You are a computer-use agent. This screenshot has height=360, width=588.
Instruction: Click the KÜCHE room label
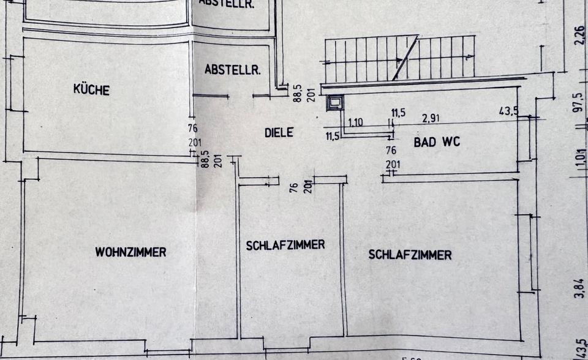tap(91, 89)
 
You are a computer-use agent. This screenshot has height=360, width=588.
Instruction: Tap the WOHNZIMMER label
tap(130, 252)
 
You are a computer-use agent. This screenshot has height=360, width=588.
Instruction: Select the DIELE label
tap(279, 132)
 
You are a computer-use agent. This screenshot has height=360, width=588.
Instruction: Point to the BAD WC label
tap(437, 143)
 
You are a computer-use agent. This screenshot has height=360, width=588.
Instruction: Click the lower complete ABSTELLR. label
tap(233, 70)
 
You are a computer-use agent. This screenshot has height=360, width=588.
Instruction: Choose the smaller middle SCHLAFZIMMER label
tap(285, 245)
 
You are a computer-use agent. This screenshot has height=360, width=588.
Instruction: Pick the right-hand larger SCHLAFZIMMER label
tap(410, 255)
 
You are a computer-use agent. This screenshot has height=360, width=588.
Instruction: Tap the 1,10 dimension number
tap(355, 122)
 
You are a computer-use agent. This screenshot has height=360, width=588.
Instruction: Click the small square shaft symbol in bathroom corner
tap(335, 103)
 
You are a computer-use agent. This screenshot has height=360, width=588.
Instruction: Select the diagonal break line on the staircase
tap(405, 58)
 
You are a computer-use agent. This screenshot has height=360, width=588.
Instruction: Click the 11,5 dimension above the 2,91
tap(398, 113)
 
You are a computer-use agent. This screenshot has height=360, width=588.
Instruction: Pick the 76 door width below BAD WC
tap(392, 150)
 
